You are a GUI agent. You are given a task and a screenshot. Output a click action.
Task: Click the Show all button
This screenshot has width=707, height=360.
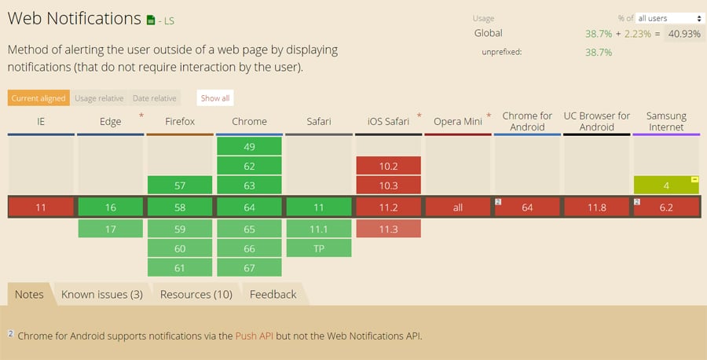click(x=215, y=98)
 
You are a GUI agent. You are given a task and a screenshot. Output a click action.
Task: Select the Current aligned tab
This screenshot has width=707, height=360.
click(x=38, y=98)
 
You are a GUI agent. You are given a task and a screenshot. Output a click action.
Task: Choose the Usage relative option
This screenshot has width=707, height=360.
click(x=99, y=98)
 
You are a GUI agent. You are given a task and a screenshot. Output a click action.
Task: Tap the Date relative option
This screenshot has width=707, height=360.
click(x=155, y=98)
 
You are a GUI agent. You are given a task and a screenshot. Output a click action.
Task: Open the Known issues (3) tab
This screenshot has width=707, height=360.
click(x=102, y=295)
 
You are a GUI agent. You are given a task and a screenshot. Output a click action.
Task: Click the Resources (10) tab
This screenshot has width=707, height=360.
click(x=196, y=295)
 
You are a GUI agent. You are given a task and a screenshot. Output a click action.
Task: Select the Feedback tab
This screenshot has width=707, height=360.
click(x=273, y=295)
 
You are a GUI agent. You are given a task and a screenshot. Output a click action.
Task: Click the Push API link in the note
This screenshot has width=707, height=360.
click(x=255, y=336)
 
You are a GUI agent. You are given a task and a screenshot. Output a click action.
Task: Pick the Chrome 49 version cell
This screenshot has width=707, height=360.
click(x=249, y=147)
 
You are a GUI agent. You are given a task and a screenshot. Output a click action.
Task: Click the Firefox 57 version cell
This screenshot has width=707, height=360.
click(x=180, y=186)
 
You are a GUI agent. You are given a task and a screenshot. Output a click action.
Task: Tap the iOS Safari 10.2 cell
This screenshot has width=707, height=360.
click(x=388, y=166)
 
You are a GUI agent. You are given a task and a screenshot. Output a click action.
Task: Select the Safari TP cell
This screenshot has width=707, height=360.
click(x=319, y=248)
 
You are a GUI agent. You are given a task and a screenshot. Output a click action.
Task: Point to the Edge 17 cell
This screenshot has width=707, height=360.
click(x=111, y=229)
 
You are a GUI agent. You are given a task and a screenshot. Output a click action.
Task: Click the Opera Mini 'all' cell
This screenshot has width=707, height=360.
click(x=458, y=208)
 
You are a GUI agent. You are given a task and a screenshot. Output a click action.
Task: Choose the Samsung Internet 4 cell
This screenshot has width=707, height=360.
click(x=666, y=186)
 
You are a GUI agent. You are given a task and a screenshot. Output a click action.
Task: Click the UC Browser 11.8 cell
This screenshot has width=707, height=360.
click(x=596, y=208)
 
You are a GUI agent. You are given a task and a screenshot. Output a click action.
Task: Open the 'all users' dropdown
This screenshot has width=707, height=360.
click(x=669, y=19)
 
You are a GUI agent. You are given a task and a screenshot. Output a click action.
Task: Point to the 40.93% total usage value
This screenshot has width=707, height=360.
click(x=684, y=34)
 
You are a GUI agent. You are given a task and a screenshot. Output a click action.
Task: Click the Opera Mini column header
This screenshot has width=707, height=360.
click(x=458, y=121)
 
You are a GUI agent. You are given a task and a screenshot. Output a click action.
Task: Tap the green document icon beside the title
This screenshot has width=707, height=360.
click(x=151, y=20)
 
